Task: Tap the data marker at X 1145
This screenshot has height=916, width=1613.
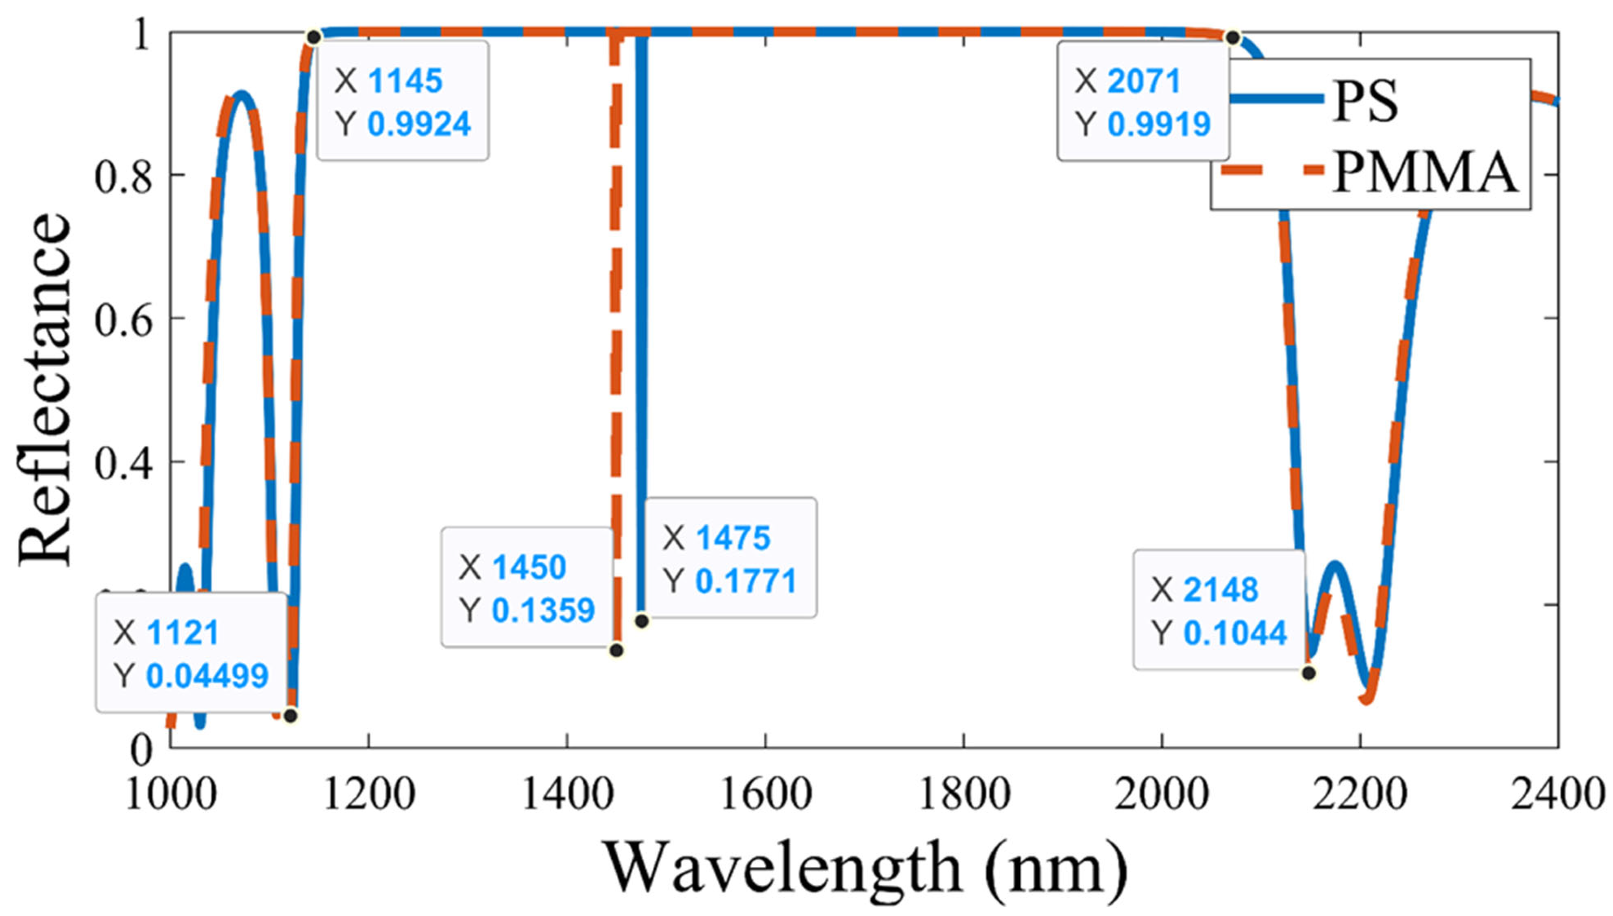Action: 314,37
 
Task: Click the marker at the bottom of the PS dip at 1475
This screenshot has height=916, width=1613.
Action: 641,621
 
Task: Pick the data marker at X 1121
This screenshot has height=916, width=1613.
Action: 290,715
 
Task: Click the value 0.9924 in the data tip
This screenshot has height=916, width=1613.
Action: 419,124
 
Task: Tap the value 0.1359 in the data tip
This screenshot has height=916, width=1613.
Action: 543,610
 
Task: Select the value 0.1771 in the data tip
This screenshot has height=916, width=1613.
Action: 746,580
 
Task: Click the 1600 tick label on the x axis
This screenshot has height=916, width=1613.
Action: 765,794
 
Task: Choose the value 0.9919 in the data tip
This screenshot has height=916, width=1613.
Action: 1159,124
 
